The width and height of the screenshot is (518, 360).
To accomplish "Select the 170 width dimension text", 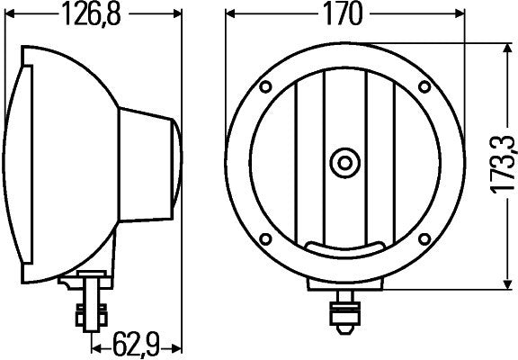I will [344, 14].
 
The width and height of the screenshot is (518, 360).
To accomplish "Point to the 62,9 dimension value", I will [138, 344].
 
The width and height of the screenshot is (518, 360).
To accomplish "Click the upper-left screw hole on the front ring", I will [267, 87].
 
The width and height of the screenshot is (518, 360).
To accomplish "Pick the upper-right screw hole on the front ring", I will [422, 87].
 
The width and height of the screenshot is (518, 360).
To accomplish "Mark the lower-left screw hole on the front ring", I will [267, 240].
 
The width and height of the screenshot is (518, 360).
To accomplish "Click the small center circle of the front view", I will [344, 163].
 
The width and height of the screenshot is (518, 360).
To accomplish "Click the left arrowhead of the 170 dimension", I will [230, 14].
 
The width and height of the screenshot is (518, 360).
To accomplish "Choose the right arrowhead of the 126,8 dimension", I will [177, 14].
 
